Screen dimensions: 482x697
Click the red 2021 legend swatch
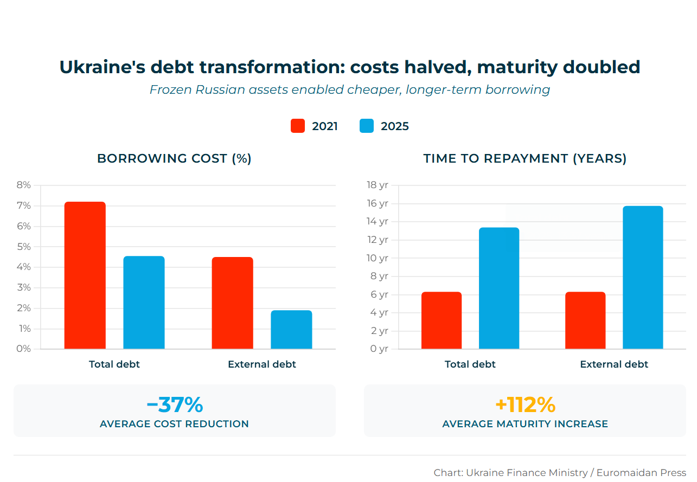(x=298, y=126)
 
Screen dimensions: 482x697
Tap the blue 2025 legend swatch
(x=367, y=126)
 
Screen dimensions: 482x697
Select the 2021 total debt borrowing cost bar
(x=85, y=275)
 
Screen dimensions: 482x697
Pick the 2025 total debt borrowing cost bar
(x=144, y=303)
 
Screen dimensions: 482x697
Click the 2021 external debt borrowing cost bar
(x=232, y=303)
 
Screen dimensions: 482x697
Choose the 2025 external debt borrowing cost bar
(x=291, y=330)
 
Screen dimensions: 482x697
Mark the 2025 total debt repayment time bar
(x=499, y=288)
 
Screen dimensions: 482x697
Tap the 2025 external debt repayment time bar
(x=643, y=278)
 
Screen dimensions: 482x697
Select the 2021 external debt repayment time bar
(x=585, y=320)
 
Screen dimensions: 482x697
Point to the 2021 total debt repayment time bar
(x=442, y=320)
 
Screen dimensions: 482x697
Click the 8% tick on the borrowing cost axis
(x=24, y=185)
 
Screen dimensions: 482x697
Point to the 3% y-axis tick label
(x=24, y=287)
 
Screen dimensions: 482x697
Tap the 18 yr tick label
(x=378, y=185)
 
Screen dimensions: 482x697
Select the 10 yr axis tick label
(x=378, y=258)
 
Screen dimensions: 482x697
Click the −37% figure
(x=175, y=404)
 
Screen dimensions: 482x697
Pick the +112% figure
(x=525, y=404)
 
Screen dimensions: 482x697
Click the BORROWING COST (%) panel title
(x=174, y=158)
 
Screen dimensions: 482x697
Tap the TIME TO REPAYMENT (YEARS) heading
(x=525, y=158)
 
